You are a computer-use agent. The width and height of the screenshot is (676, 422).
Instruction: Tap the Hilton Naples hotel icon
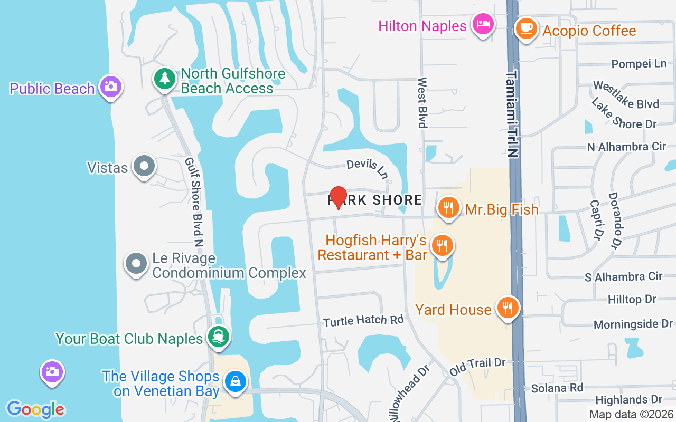pyautogui.click(x=483, y=24)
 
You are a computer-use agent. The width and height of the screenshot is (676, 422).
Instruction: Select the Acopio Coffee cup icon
pyautogui.click(x=526, y=28)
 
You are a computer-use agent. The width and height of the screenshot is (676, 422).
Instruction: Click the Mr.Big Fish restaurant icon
pyautogui.click(x=448, y=207)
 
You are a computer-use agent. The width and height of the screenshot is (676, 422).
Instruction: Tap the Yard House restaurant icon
pyautogui.click(x=508, y=308)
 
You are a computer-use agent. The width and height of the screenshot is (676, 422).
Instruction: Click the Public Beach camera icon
pyautogui.click(x=110, y=86)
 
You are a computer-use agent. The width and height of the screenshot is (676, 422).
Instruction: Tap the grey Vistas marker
pyautogui.click(x=144, y=166)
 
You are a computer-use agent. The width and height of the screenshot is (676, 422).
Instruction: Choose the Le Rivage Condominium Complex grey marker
pyautogui.click(x=136, y=263)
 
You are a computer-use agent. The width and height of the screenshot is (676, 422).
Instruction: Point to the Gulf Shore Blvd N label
pyautogui.click(x=193, y=202)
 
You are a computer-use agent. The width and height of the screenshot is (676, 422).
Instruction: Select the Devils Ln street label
pyautogui.click(x=368, y=167)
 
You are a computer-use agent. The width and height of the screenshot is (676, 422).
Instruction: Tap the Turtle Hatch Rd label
pyautogui.click(x=363, y=320)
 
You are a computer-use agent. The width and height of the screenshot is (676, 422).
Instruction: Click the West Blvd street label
pyautogui.click(x=422, y=102)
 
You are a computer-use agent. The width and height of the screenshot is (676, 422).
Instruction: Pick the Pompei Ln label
pyautogui.click(x=639, y=64)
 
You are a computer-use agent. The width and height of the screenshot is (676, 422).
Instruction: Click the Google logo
pyautogui.click(x=36, y=409)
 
